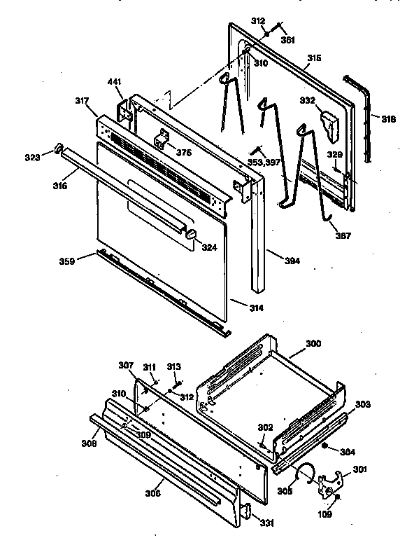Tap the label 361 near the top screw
[x=288, y=40]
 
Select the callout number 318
[x=388, y=119]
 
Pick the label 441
[x=115, y=83]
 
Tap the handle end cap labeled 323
[x=59, y=149]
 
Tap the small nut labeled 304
[x=326, y=446]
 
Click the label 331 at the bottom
[x=268, y=522]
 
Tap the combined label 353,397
[x=264, y=163]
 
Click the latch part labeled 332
[x=329, y=123]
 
